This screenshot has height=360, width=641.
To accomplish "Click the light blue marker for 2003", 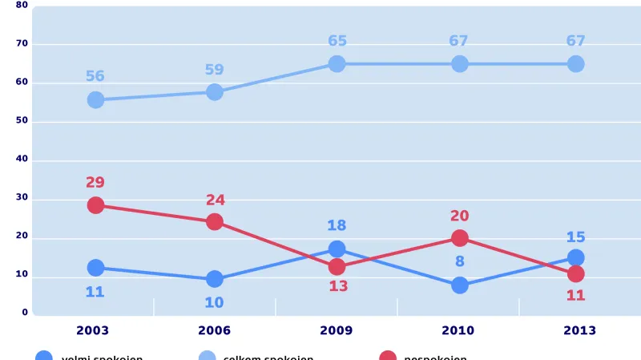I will tap(95, 99).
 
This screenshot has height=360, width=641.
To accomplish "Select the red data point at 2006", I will tap(215, 221).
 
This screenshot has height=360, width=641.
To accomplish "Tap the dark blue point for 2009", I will tap(337, 249).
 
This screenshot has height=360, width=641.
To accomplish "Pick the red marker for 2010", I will tap(460, 238).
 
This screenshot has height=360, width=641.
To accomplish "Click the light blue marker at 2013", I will tap(576, 64).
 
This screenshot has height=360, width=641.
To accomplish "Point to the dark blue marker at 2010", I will tap(460, 285).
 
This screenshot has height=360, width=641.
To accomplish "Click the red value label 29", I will tap(95, 183).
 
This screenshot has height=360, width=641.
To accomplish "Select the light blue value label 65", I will tap(337, 41).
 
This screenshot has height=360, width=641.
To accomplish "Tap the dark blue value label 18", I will tap(337, 226).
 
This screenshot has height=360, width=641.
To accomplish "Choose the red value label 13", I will tap(338, 286).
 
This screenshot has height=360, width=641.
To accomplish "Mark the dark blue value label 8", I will tap(460, 261).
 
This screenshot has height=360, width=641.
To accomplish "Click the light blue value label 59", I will tap(214, 70).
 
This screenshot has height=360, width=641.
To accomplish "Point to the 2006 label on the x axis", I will tap(214, 330).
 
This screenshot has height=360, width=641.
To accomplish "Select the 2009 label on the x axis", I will tap(336, 330).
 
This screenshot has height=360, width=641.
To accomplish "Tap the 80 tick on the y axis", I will tap(22, 5).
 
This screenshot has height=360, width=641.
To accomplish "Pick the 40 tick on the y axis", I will tap(22, 159).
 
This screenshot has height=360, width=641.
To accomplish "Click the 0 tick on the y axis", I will tap(25, 313).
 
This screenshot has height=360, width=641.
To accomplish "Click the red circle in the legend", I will tap(388, 357).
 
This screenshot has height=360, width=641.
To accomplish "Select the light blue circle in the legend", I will tap(207, 357).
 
